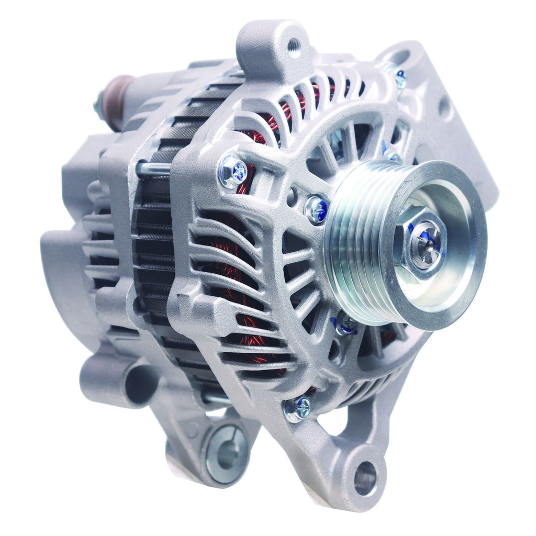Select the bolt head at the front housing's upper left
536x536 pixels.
(233, 172)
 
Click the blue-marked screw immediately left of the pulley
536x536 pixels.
(316, 209)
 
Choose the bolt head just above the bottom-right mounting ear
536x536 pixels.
(297, 408)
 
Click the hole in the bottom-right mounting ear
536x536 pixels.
(365, 478)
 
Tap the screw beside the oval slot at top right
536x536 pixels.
(399, 79)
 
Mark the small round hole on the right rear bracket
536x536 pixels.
(444, 108)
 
